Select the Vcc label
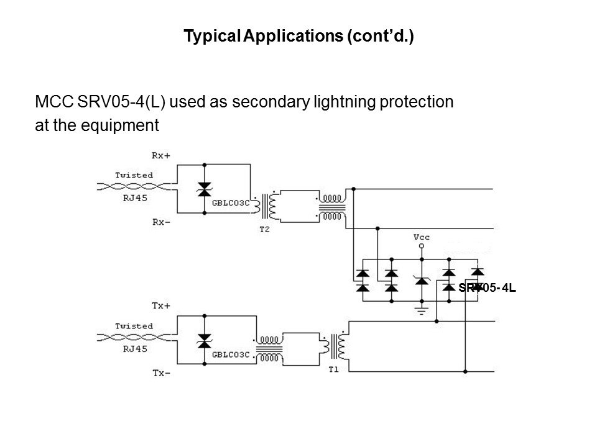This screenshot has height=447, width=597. [422, 237]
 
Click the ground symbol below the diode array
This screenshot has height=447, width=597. [422, 309]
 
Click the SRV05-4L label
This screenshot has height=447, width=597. [488, 288]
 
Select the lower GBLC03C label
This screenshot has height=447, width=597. [231, 355]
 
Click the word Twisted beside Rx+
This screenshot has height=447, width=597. [134, 175]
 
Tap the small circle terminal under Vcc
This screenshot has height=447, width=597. [422, 246]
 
